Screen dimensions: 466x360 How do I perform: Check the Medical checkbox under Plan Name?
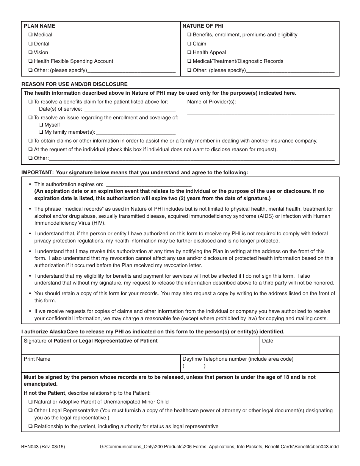[x=30, y=35]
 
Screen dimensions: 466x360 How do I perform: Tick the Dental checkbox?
[x=30, y=44]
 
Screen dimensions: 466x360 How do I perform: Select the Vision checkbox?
[x=30, y=53]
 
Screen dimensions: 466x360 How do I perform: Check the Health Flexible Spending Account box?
[x=30, y=61]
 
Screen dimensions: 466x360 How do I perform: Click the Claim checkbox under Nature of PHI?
[x=189, y=44]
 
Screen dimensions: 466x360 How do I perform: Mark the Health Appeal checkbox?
[x=189, y=53]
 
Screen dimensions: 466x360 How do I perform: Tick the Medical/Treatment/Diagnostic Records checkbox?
[x=189, y=61]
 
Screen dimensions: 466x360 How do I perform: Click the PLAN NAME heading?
[x=39, y=26]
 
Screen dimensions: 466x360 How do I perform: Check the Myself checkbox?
[x=41, y=125]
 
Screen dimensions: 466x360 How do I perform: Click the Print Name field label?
[x=37, y=359]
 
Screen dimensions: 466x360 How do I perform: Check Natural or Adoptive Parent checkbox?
[x=30, y=402]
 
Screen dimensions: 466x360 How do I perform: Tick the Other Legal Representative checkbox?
[x=30, y=411]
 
